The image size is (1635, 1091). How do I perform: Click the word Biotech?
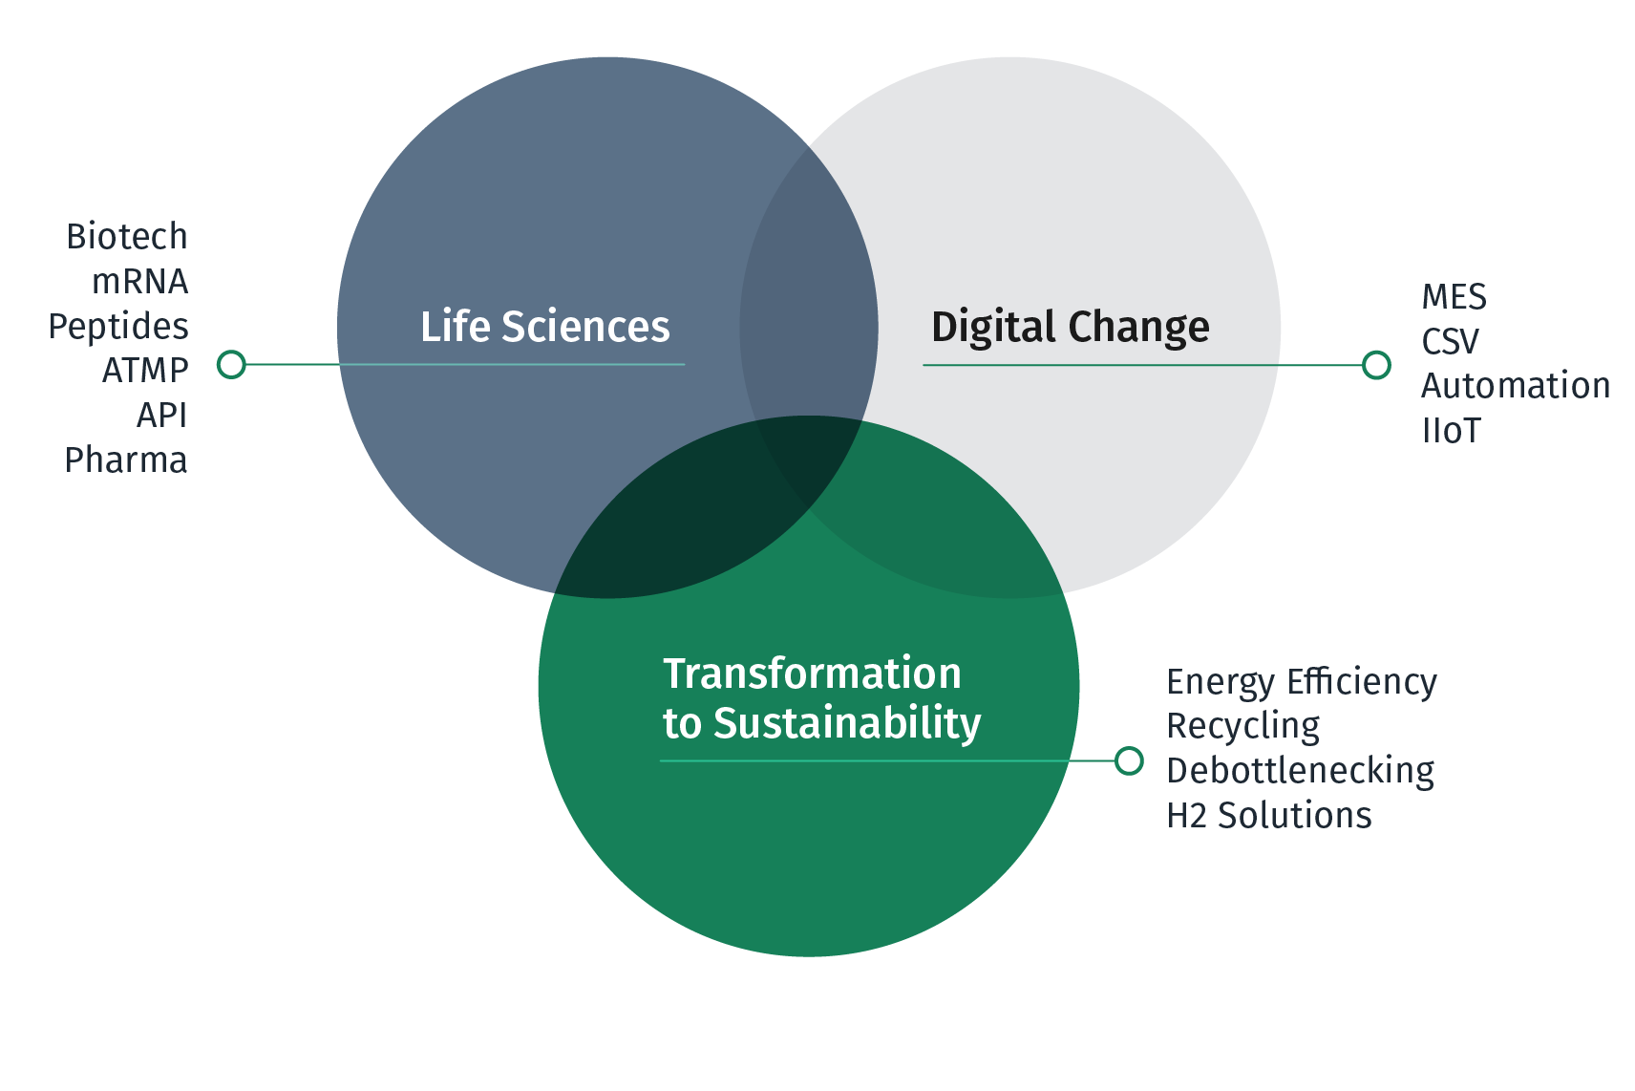point(127,237)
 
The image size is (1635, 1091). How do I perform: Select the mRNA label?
point(140,281)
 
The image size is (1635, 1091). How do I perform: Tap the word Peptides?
point(118,327)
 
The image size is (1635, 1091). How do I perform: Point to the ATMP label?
point(145,371)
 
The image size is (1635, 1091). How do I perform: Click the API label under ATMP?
point(162,416)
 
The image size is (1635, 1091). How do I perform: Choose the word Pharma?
point(126,460)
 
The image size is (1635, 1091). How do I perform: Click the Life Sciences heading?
point(545,326)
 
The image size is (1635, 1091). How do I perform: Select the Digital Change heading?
point(1070,327)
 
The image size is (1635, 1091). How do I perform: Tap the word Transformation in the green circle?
point(812,674)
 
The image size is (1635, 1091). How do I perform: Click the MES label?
point(1454,297)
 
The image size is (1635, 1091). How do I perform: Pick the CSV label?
point(1451,342)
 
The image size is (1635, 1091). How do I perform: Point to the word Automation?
point(1516,386)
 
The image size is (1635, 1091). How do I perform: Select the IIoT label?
point(1451,431)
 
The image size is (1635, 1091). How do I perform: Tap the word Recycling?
point(1243,727)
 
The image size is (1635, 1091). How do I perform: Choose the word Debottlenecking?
point(1300,771)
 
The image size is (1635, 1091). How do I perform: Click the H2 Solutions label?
point(1268,815)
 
